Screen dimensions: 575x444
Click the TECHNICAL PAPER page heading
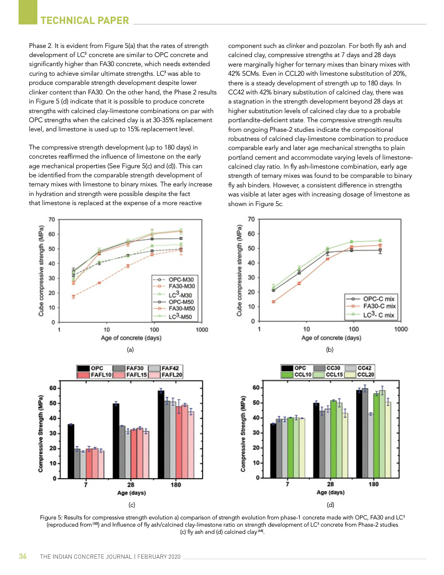[x=85, y=20]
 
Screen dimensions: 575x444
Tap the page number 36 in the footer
[x=23, y=556]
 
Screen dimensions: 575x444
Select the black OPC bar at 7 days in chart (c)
[x=71, y=451]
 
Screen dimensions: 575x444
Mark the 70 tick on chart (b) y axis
[x=250, y=219]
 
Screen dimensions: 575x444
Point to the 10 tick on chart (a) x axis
[x=107, y=330]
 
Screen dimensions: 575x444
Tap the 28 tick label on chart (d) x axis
[x=330, y=484]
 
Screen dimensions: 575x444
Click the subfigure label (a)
[x=130, y=350]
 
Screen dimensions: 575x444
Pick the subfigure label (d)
[x=330, y=504]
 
